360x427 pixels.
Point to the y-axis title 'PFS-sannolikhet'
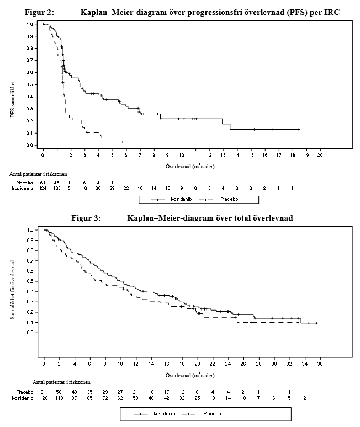(12, 99)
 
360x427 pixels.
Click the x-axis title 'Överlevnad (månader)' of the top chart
(190, 166)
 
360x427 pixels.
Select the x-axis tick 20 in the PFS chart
(320, 156)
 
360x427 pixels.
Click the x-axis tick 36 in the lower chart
(320, 363)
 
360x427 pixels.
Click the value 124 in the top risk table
(43, 188)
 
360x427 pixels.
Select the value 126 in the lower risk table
(44, 397)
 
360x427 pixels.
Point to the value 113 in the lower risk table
(59, 397)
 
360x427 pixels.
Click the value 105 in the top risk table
(57, 188)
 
